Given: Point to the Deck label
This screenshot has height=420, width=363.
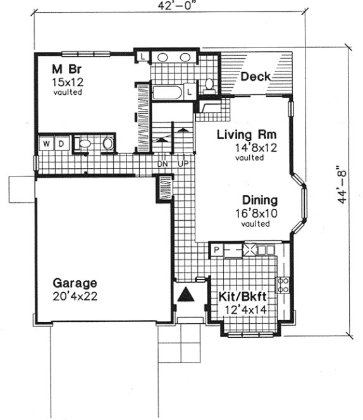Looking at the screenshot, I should click(255, 77).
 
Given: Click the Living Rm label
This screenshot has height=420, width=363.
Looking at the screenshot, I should click(242, 135).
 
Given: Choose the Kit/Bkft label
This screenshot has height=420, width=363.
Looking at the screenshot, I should click(241, 297).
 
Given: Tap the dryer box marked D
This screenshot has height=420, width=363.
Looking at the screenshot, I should click(61, 144).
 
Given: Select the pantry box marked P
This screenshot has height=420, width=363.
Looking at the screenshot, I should click(216, 250).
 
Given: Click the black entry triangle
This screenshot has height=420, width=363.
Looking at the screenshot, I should click(187, 295).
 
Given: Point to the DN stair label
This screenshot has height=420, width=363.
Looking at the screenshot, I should click(163, 164).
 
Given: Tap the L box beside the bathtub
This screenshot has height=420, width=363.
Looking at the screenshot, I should click(189, 92).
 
